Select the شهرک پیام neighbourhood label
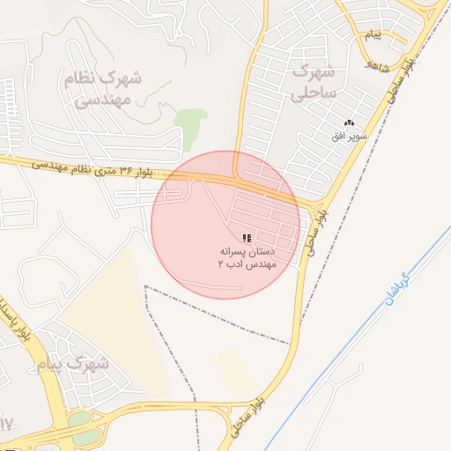pyautogui.click(x=75, y=362)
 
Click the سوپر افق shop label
pyautogui.click(x=346, y=137)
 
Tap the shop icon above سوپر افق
pyautogui.click(x=350, y=123)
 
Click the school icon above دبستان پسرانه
pyautogui.click(x=247, y=237)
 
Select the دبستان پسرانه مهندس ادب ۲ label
pyautogui.click(x=248, y=256)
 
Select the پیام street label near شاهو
pyautogui.click(x=373, y=36)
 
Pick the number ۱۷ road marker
pyautogui.click(x=6, y=425)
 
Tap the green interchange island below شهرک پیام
pyautogui.click(x=85, y=426)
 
